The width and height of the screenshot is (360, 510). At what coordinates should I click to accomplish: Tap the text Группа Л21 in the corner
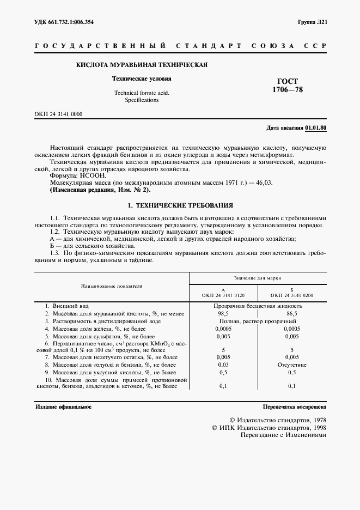(x=312, y=22)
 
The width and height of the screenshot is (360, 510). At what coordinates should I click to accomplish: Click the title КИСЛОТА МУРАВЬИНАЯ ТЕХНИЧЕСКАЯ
(x=142, y=65)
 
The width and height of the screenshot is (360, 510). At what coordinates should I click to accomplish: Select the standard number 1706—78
(x=288, y=90)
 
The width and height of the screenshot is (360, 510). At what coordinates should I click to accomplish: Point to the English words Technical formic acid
(x=142, y=93)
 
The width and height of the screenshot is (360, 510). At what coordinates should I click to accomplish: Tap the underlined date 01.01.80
(x=316, y=127)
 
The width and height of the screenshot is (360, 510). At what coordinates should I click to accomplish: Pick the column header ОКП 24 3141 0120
(x=223, y=295)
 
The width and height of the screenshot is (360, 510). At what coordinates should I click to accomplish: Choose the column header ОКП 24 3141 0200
(x=292, y=295)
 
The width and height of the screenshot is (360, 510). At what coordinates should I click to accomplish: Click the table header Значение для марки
(x=258, y=277)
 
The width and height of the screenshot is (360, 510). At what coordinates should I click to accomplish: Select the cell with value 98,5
(x=223, y=314)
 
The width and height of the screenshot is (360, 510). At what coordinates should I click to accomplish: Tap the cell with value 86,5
(x=292, y=314)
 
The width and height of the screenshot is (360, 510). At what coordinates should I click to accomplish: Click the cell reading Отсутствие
(x=292, y=365)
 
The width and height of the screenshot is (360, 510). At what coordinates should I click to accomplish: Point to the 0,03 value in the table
(x=223, y=365)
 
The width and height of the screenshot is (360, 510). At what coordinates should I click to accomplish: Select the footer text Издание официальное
(x=64, y=406)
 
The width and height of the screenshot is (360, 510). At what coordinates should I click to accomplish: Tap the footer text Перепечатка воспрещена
(x=294, y=406)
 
